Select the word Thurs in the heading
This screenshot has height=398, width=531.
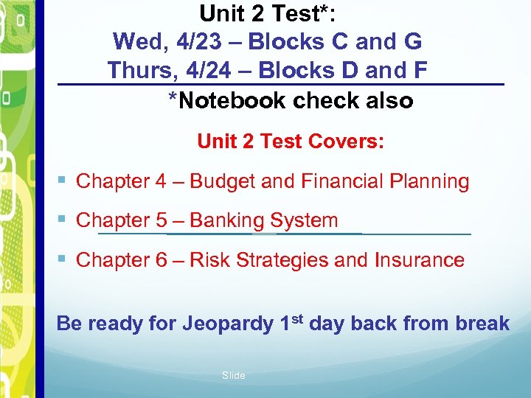click(136, 71)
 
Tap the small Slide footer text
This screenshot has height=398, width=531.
click(233, 376)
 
